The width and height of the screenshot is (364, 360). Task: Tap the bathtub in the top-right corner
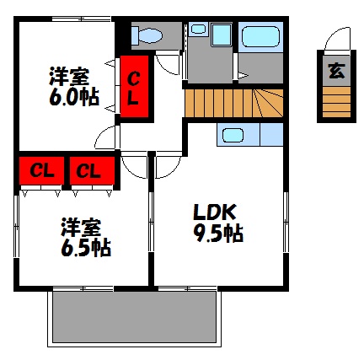(x=260, y=36)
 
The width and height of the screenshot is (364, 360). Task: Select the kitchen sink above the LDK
(x=232, y=134)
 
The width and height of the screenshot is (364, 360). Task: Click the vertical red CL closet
(x=133, y=88)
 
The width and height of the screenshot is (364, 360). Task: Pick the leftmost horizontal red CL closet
(x=40, y=170)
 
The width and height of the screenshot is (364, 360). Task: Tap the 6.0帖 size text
(x=72, y=98)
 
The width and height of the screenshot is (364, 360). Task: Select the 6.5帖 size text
(x=85, y=249)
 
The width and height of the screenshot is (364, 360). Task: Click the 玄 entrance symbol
(x=336, y=71)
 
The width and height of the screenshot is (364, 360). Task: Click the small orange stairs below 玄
(x=336, y=104)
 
